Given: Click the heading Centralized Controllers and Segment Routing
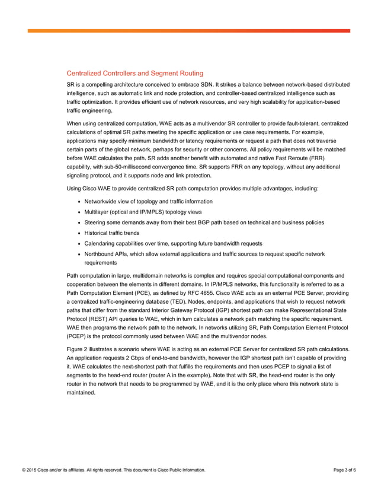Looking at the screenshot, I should [x=134, y=74].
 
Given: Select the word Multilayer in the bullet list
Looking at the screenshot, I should [x=97, y=212].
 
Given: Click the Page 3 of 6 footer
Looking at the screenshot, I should [x=345, y=470].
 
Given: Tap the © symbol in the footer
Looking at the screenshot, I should [x=24, y=470].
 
